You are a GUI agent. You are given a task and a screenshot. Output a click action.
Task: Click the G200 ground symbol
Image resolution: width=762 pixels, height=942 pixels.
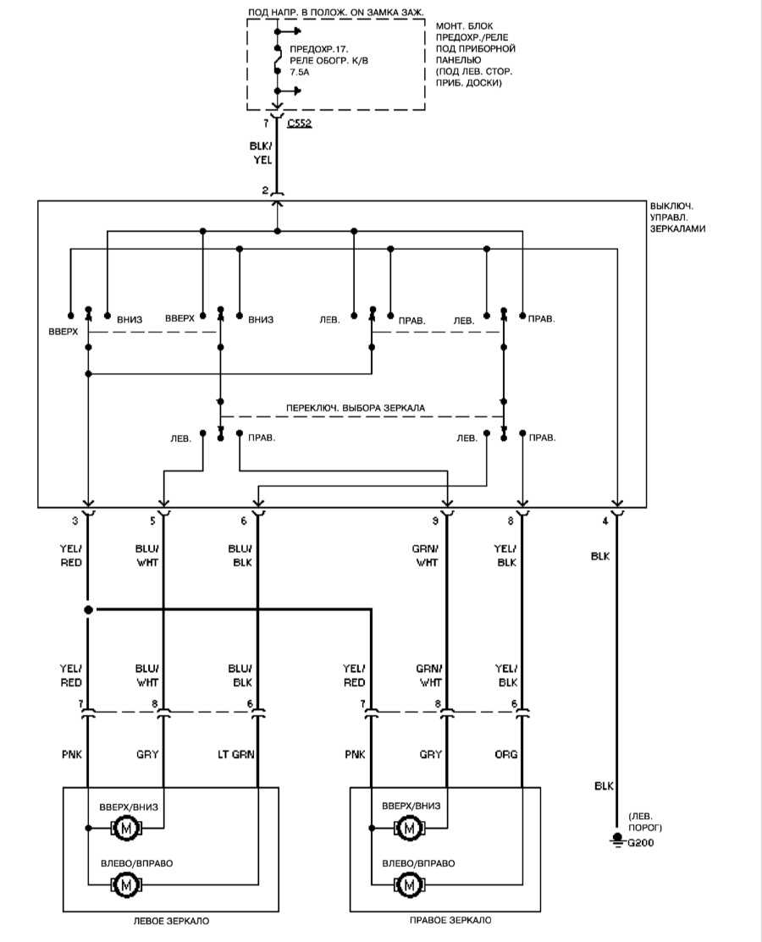[616, 840]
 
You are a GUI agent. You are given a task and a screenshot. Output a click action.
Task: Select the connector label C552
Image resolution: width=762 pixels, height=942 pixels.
[299, 124]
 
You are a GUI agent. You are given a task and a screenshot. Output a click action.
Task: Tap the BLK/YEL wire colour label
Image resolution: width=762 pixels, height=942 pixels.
[261, 153]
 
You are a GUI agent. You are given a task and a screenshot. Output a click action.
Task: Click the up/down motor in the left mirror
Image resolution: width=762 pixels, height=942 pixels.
[126, 829]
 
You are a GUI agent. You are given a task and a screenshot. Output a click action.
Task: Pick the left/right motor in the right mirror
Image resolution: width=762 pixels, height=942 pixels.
[409, 885]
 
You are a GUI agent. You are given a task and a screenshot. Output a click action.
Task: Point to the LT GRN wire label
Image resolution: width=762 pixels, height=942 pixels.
[236, 754]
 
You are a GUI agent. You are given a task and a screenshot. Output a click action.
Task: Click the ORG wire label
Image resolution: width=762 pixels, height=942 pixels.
[506, 754]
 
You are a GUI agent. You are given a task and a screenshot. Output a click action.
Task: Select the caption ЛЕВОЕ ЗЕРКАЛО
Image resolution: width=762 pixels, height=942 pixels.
[171, 920]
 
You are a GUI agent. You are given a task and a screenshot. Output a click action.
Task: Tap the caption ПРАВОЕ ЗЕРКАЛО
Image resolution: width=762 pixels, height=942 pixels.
[450, 920]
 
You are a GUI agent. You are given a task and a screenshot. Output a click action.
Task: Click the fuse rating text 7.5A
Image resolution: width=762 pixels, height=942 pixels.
[299, 72]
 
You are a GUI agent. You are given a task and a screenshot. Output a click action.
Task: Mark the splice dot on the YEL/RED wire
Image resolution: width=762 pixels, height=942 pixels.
[88, 609]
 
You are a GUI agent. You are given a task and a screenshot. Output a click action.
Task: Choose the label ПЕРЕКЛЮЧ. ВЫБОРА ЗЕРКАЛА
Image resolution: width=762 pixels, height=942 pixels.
[355, 408]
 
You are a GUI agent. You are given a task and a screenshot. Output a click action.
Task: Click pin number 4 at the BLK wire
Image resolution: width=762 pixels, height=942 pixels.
[605, 521]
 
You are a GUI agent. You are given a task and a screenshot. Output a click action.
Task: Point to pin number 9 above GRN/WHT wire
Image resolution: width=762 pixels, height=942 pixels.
[435, 521]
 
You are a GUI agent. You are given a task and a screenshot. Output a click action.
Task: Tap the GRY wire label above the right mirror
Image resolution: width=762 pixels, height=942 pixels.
[430, 754]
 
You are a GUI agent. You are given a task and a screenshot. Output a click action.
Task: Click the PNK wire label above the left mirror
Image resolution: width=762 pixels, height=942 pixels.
[71, 754]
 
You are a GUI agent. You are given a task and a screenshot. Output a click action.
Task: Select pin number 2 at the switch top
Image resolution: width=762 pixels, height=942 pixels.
[265, 190]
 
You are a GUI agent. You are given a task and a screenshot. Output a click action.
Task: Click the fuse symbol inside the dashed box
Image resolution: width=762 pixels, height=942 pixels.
[277, 59]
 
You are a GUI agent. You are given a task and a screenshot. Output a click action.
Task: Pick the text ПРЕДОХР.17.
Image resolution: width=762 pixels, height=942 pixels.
[319, 49]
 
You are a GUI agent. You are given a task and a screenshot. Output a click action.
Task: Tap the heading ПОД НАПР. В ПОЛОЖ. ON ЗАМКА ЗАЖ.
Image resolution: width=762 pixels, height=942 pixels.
[335, 12]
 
